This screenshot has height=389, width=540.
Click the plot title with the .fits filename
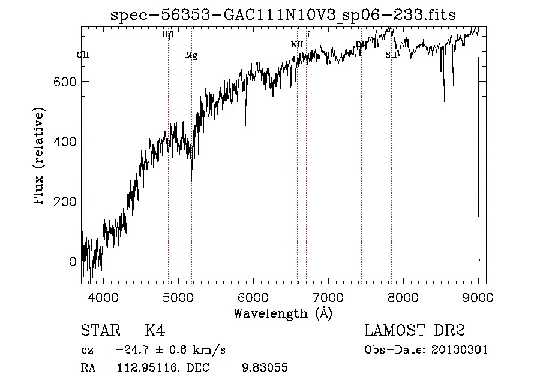[x=283, y=15]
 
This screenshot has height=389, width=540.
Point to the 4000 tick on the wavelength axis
[x=103, y=297]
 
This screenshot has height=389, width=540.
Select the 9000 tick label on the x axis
[x=478, y=297]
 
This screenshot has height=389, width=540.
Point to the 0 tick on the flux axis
[x=72, y=261]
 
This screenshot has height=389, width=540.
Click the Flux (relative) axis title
[x=40, y=157]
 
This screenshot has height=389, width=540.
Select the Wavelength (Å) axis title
[x=283, y=313]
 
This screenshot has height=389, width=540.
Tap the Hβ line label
[x=167, y=34]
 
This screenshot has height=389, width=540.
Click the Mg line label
[x=191, y=56]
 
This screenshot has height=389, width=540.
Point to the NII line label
[x=297, y=44]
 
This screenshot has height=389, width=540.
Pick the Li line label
[x=306, y=34]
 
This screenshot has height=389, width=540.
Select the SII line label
[x=391, y=55]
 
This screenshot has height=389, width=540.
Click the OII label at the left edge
[x=83, y=55]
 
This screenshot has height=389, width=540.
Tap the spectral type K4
[x=155, y=331]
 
